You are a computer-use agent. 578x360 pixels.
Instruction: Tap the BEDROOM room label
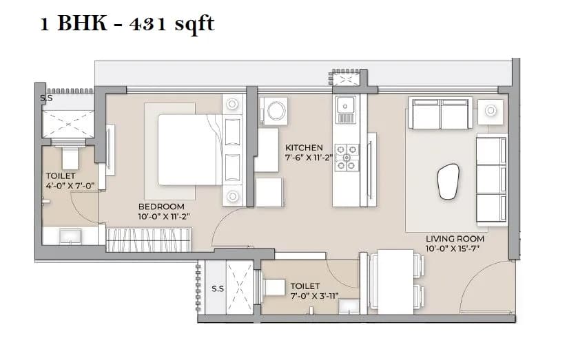click(x=161, y=207)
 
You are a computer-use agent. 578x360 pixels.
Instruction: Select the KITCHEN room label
click(x=305, y=147)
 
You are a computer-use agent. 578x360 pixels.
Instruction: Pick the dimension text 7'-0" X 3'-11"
click(x=305, y=295)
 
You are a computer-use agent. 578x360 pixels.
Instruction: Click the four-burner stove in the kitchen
click(x=347, y=157)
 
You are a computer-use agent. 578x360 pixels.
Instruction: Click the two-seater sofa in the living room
click(x=440, y=113)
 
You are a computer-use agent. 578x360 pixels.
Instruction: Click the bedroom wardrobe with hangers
click(x=147, y=240)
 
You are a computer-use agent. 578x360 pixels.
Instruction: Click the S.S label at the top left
click(x=45, y=98)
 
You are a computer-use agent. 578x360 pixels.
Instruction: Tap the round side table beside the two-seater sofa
click(x=493, y=110)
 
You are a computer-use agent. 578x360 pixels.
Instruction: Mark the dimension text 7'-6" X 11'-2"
click(x=309, y=157)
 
